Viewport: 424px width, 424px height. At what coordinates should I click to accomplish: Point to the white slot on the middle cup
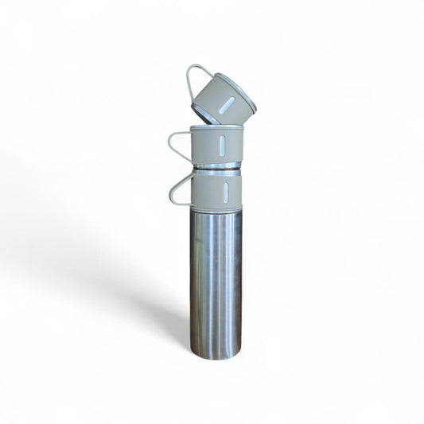222,145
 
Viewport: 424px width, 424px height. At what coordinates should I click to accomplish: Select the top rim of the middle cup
216,127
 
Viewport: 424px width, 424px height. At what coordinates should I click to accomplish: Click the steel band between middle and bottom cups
216,167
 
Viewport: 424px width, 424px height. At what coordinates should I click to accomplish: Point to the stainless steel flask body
216,278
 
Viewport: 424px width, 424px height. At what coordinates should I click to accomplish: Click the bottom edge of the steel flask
216,356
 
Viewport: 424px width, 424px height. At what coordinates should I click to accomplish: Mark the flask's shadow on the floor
159,310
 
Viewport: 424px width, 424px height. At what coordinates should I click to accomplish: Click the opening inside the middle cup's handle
180,144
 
